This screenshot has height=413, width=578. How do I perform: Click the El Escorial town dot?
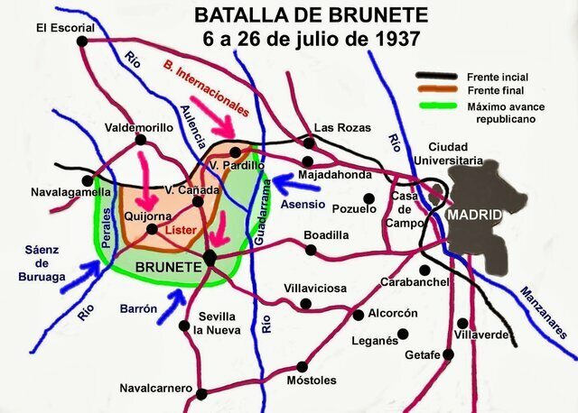tap(83, 41)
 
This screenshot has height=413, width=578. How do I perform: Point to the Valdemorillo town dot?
tap(140, 140)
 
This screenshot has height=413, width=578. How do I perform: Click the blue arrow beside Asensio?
tap(292, 184)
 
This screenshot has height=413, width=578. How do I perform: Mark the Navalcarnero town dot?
tap(202, 393)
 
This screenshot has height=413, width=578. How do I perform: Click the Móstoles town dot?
tap(303, 367)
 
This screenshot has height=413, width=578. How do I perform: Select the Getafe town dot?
tap(446, 354)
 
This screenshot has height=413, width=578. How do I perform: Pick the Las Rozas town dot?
tap(309, 142)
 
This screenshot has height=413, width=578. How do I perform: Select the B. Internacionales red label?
tap(208, 87)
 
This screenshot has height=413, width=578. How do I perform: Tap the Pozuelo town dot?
tap(368, 198)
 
